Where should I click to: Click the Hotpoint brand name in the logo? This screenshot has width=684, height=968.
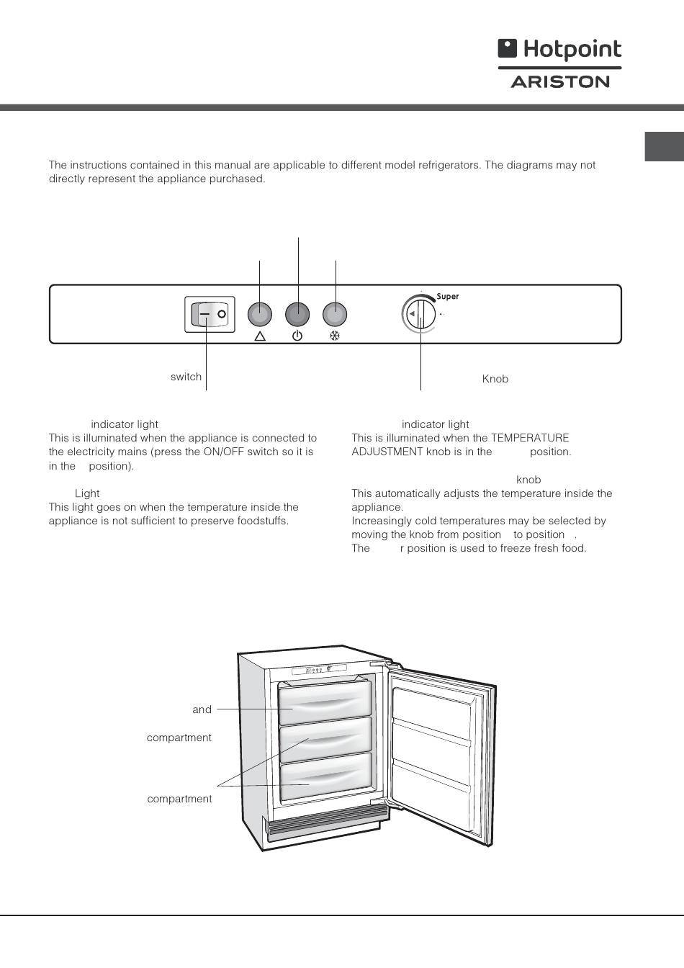click(572, 50)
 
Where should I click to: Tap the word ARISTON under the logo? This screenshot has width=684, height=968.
click(560, 81)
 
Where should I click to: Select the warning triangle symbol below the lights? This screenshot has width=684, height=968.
click(260, 336)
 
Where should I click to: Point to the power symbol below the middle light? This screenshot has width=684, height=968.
click(297, 336)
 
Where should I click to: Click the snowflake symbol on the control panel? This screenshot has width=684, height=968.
click(334, 336)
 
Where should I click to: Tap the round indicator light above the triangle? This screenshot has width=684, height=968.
click(260, 314)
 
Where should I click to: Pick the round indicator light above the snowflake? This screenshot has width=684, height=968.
click(335, 314)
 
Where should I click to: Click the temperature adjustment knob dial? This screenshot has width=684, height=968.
click(419, 314)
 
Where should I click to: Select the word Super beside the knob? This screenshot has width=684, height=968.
click(448, 297)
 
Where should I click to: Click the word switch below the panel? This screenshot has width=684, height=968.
click(186, 377)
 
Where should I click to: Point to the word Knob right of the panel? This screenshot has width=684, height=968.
click(495, 379)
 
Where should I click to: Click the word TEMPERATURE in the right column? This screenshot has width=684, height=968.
click(530, 438)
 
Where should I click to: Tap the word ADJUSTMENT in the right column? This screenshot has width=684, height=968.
click(387, 452)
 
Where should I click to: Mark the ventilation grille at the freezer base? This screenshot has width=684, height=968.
click(327, 823)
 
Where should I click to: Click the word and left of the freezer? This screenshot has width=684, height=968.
click(202, 709)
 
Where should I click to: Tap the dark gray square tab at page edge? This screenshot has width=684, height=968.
click(664, 146)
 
